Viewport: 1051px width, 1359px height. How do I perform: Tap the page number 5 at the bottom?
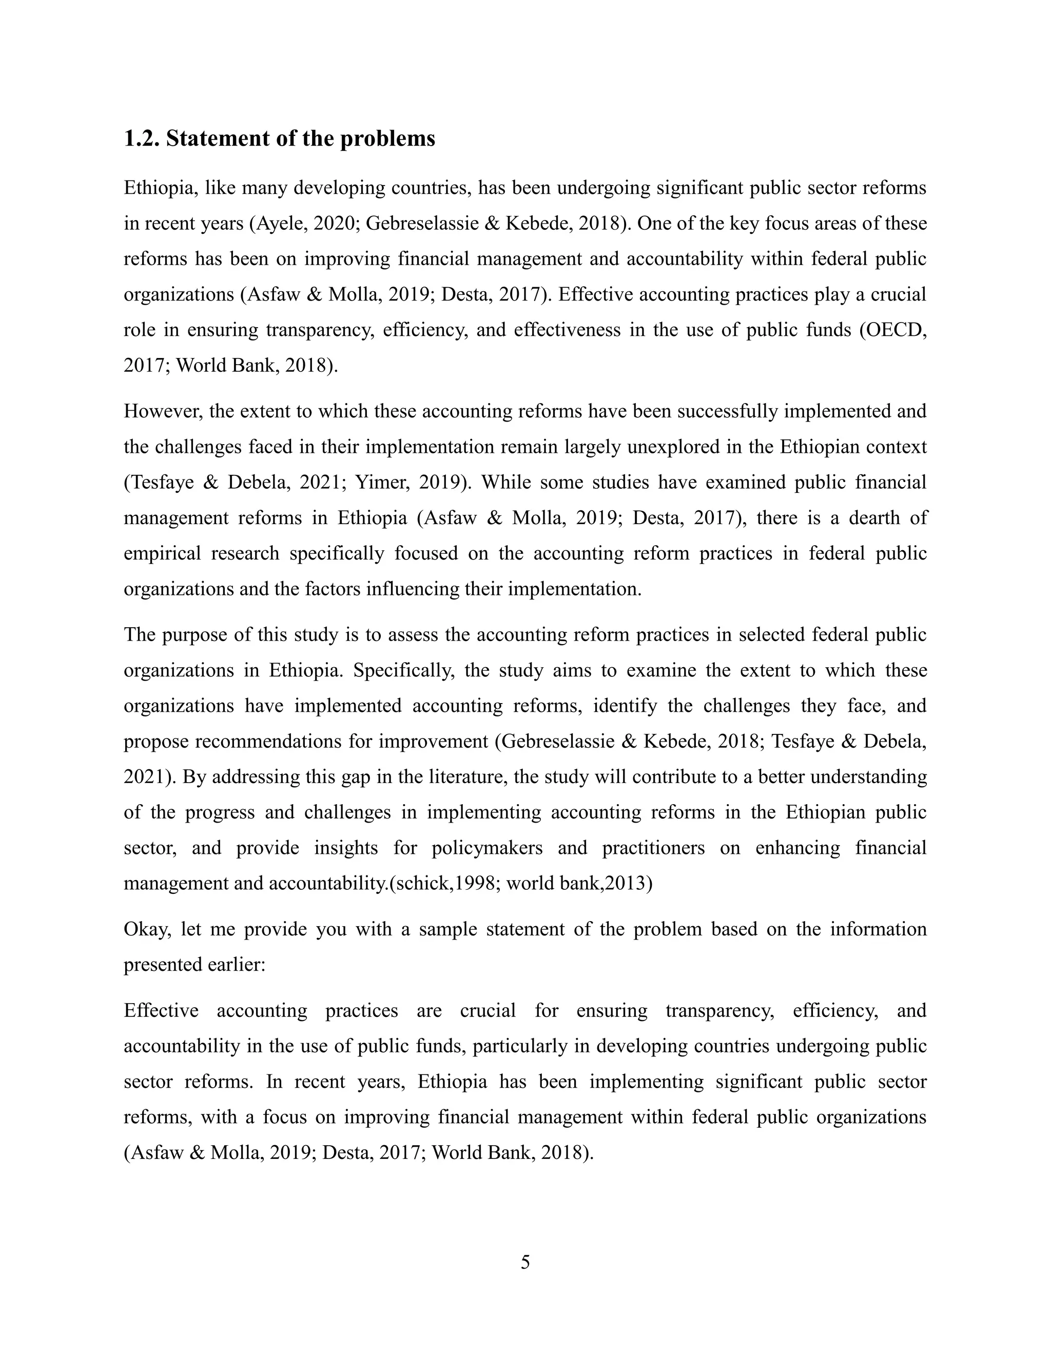[x=525, y=1262]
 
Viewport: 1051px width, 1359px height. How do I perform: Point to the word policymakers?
[x=487, y=848]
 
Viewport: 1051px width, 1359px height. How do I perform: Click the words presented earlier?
[x=195, y=965]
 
